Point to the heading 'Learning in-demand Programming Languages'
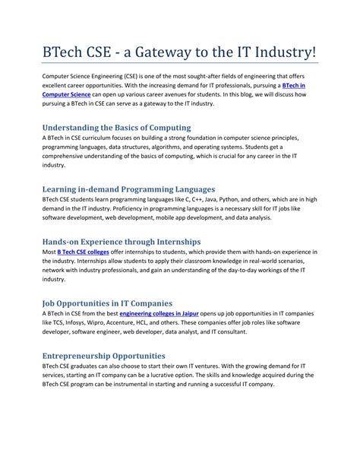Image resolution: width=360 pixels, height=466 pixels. (x=128, y=189)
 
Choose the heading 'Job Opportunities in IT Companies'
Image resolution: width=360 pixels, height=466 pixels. (x=112, y=303)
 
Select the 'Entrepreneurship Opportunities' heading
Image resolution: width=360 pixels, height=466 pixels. (x=104, y=355)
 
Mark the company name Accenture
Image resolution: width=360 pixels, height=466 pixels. (x=143, y=323)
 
